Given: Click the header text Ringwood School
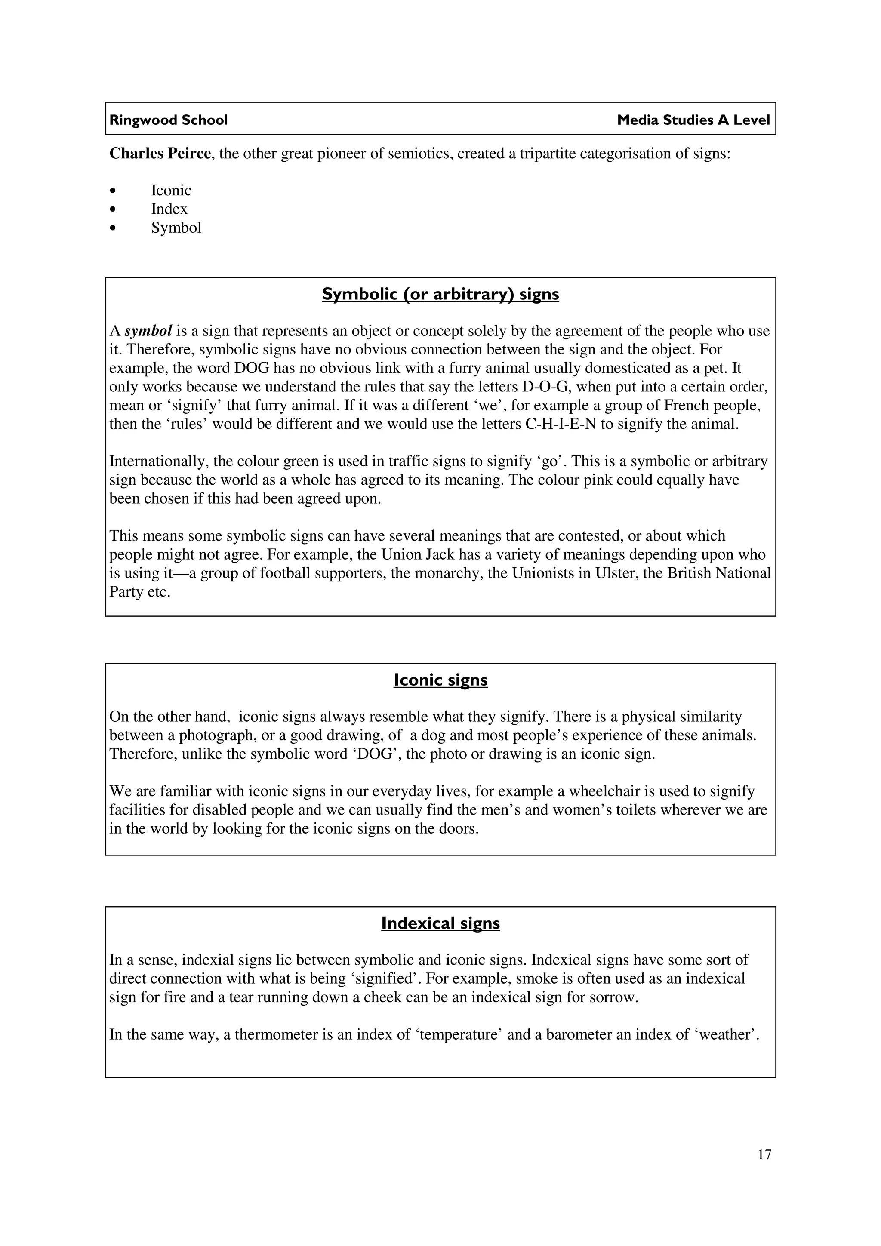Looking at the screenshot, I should (x=168, y=120).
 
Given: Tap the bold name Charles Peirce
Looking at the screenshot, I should (x=160, y=154).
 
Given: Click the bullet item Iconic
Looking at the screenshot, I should (x=171, y=191).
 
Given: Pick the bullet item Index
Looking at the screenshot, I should (x=169, y=209).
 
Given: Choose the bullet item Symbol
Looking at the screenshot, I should (x=176, y=228).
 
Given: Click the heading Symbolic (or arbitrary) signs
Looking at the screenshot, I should (x=440, y=294).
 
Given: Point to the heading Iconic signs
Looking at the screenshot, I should (x=440, y=680).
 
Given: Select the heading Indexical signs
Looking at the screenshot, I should (x=440, y=923).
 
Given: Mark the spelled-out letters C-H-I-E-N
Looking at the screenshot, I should (x=561, y=424).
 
